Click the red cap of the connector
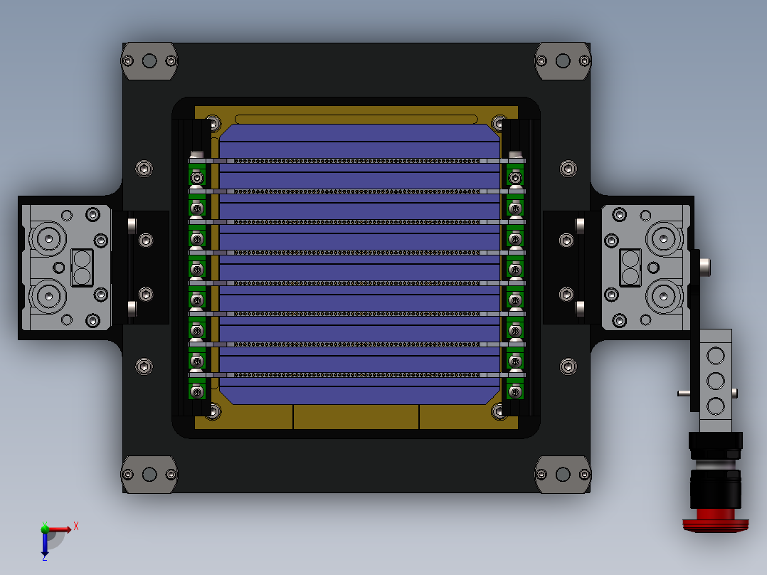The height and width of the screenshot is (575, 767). (715, 521)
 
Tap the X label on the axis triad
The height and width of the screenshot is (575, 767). (76, 527)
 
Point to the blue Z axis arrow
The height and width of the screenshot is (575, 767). (45, 544)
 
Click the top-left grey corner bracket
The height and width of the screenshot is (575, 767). (149, 61)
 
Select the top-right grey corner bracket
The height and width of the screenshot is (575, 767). (563, 61)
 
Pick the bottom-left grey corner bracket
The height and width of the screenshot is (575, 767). (149, 474)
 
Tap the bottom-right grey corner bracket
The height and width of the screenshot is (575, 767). (563, 474)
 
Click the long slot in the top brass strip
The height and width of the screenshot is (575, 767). (356, 119)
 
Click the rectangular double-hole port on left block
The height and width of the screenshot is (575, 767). (82, 267)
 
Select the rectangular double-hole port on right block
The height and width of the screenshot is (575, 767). (630, 267)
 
